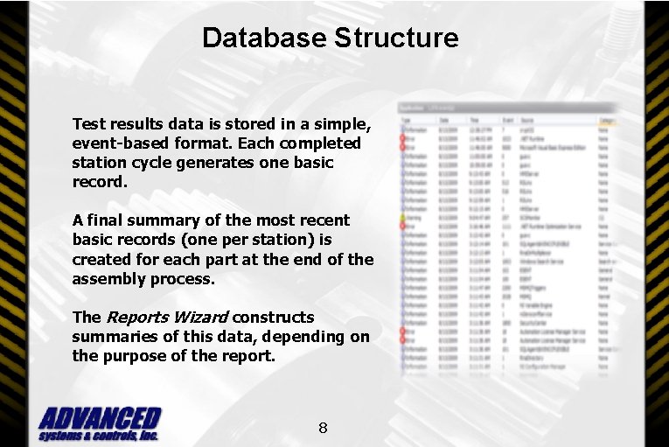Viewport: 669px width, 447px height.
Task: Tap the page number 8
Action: tap(323, 428)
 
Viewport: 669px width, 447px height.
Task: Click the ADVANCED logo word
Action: tap(100, 418)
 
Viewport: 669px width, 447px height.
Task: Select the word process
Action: tap(182, 280)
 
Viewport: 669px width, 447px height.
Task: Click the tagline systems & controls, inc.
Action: tap(98, 435)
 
